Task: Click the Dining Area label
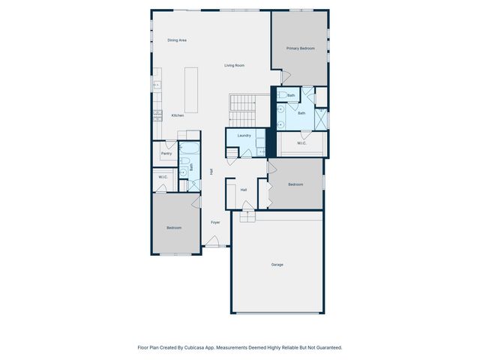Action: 177,40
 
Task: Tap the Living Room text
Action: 235,65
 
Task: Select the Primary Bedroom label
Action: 300,48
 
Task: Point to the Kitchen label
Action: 178,115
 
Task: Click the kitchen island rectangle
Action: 191,90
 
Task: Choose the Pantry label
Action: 166,153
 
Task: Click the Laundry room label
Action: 244,135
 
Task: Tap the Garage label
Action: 277,264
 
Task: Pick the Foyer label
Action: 215,222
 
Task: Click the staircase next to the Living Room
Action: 243,111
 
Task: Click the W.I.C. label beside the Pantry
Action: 163,177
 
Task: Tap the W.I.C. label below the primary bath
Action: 301,142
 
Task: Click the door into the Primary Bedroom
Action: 285,77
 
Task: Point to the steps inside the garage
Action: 247,216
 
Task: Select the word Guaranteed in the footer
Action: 327,347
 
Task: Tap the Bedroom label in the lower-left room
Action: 174,227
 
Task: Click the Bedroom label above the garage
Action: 295,184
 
